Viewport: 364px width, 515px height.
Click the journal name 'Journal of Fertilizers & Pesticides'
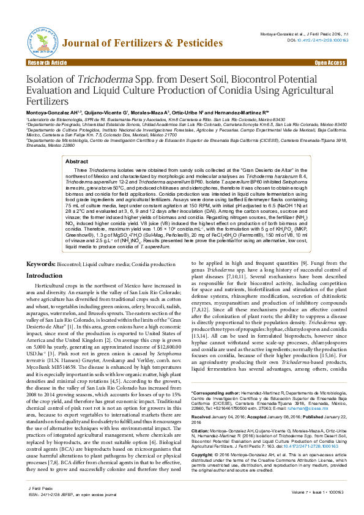143,43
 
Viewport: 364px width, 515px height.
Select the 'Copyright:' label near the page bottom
203,472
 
